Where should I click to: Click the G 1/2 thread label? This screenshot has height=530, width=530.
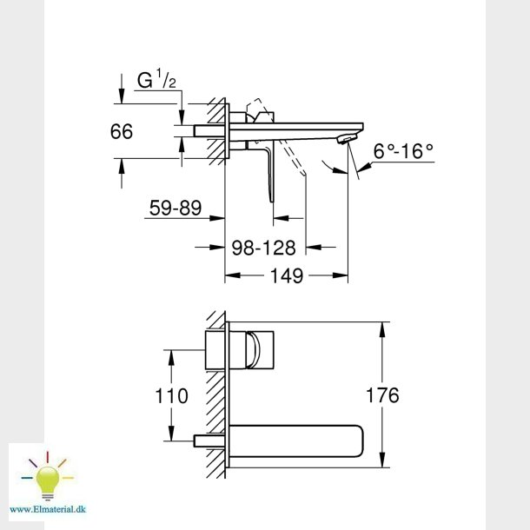(x=157, y=81)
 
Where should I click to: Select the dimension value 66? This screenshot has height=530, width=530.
(x=123, y=132)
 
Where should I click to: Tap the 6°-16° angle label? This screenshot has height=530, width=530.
(x=403, y=151)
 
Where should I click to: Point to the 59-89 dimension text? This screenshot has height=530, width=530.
(x=176, y=209)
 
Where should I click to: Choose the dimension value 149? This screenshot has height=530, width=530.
(x=285, y=276)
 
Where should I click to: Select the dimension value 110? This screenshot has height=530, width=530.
(x=171, y=396)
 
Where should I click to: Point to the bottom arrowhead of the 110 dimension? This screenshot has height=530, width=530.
(x=171, y=438)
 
